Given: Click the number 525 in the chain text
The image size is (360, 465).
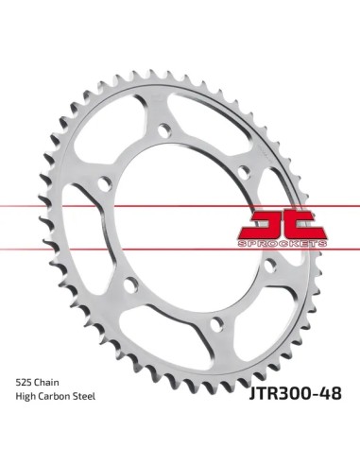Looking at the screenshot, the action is click(24, 383).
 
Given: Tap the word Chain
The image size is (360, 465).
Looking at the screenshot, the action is click(46, 383).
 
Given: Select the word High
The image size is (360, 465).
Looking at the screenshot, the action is click(26, 396).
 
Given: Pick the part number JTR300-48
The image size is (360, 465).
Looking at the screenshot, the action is click(295, 393).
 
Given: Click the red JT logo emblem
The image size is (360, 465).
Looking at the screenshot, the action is click(283, 225).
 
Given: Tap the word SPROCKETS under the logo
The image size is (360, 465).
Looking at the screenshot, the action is click(283, 244).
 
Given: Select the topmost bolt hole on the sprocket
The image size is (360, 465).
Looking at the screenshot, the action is click(164, 130).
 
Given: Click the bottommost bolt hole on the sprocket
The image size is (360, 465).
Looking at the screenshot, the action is click(216, 324).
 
